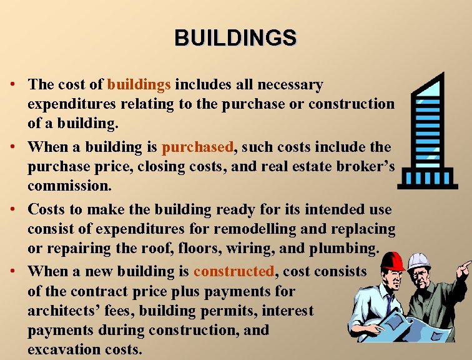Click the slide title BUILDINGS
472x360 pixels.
[235, 38]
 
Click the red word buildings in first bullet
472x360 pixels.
[139, 84]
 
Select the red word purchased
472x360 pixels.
[197, 147]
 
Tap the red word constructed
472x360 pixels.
[234, 271]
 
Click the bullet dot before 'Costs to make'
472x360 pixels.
[12, 209]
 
